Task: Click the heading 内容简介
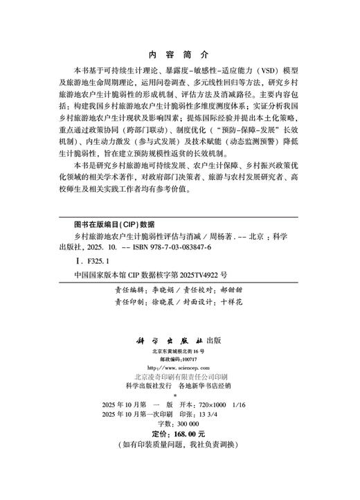179,54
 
